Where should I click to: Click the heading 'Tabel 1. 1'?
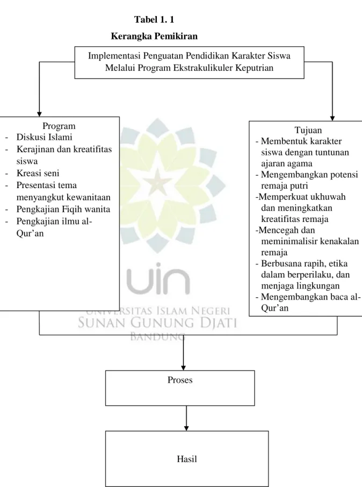click(154, 19)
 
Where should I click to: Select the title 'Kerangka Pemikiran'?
click(154, 37)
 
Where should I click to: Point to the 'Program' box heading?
click(59, 126)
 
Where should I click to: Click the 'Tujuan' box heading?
click(308, 130)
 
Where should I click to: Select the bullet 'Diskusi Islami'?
click(45, 137)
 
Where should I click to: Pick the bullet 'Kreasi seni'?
click(38, 173)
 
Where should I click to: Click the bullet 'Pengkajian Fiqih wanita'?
click(63, 209)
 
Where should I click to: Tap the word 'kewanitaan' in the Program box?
click(89, 197)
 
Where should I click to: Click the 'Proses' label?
click(180, 380)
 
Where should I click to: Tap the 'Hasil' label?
click(187, 459)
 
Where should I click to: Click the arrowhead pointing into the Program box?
click(39, 114)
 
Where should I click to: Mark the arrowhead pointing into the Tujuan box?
click(332, 118)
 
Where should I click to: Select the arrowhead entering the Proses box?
click(184, 368)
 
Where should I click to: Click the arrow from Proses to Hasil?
click(186, 418)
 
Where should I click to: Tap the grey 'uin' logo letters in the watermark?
click(158, 278)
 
